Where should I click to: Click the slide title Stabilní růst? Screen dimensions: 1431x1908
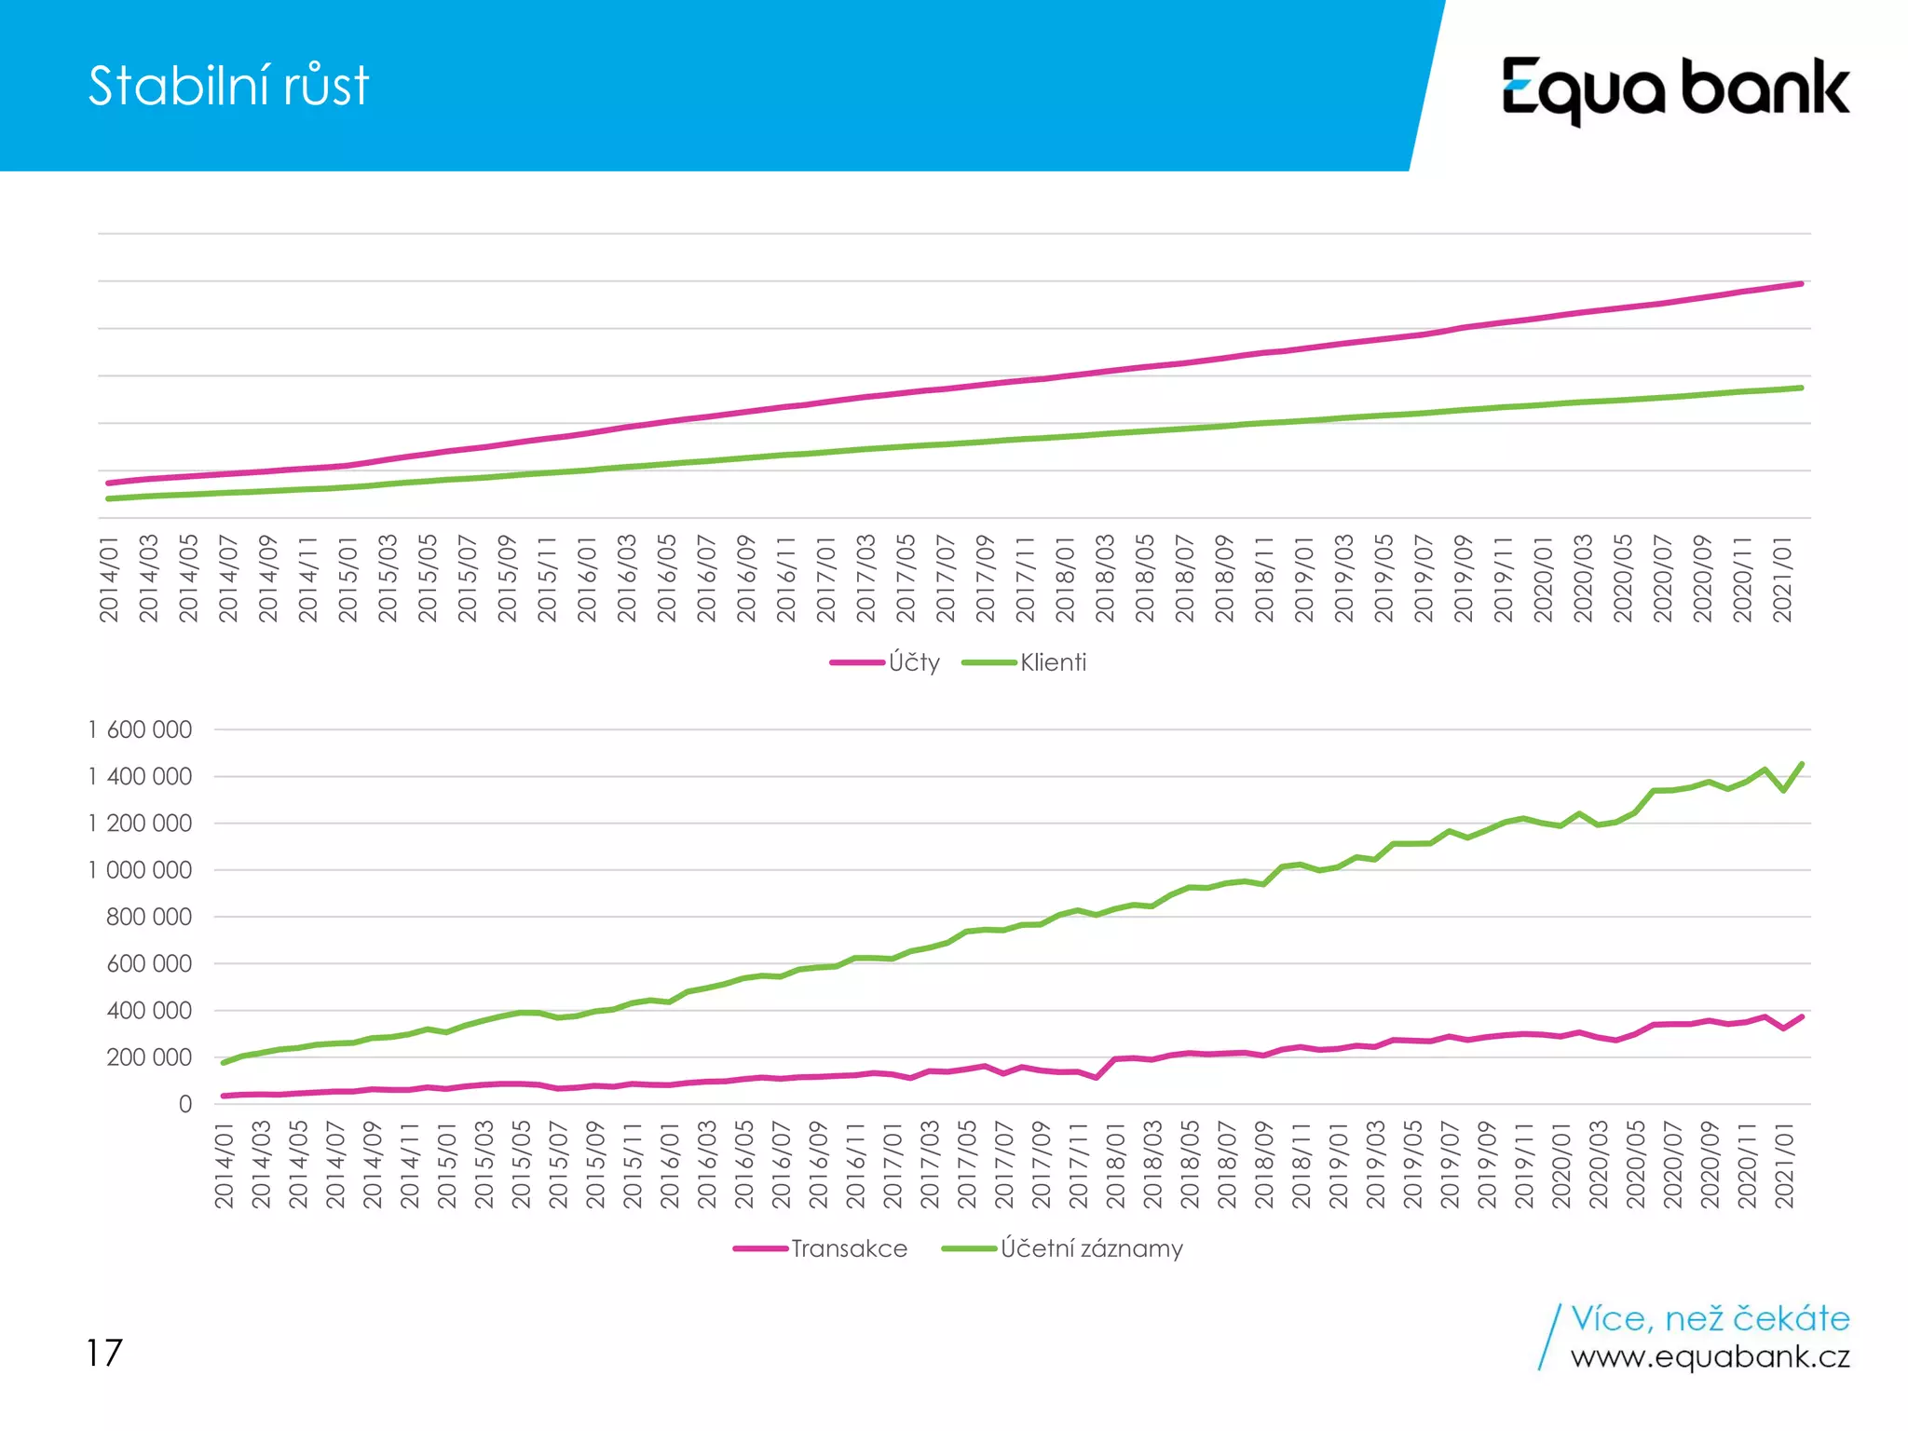pos(228,86)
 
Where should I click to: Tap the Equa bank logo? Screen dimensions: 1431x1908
pos(1674,89)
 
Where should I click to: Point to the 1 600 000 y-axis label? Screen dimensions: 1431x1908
pos(141,729)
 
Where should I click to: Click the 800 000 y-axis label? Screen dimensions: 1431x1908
pos(149,917)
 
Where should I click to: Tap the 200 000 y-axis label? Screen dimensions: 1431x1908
pos(149,1057)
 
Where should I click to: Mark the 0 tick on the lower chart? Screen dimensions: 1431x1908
pos(185,1104)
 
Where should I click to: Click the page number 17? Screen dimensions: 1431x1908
pos(104,1353)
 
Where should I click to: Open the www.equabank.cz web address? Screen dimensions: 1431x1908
pos(1710,1357)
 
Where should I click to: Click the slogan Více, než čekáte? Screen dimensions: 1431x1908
pos(1710,1318)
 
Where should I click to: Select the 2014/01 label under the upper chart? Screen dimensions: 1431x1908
pos(109,579)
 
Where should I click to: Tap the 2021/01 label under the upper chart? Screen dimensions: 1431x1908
pos(1782,579)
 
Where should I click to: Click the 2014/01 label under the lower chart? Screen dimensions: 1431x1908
pos(224,1165)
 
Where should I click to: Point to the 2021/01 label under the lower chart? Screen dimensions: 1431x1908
pos(1783,1165)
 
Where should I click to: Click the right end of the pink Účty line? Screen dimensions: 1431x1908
pos(1801,283)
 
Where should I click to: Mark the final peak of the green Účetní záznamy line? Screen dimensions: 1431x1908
pos(1801,764)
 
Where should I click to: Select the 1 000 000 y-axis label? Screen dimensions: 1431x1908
pos(141,870)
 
